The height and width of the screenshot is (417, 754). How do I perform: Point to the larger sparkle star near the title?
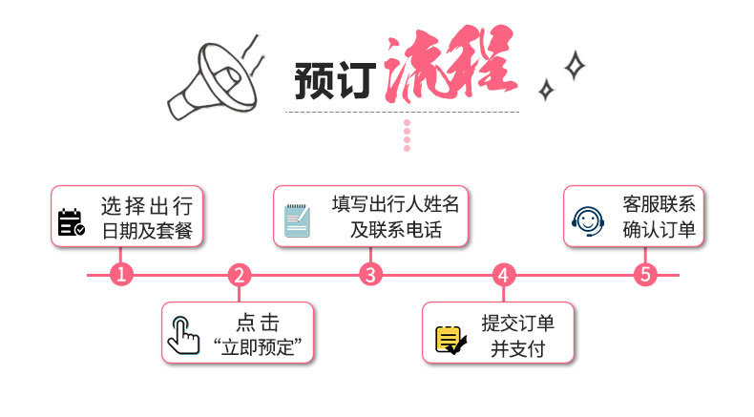point(574,66)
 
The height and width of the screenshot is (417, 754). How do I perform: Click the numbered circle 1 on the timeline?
point(120,275)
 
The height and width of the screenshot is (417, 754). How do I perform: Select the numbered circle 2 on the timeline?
point(240,275)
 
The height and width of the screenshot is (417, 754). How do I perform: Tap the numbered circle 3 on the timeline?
point(370,275)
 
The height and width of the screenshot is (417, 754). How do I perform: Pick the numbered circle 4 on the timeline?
point(504,275)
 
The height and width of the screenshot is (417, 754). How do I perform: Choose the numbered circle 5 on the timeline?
point(646,275)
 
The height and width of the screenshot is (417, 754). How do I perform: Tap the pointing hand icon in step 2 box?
point(184,334)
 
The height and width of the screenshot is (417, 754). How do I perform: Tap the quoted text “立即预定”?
point(263,346)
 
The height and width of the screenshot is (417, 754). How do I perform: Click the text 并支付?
point(517,347)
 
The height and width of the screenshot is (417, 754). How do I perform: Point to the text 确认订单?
point(660,230)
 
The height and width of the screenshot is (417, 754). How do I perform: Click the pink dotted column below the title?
point(407,136)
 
